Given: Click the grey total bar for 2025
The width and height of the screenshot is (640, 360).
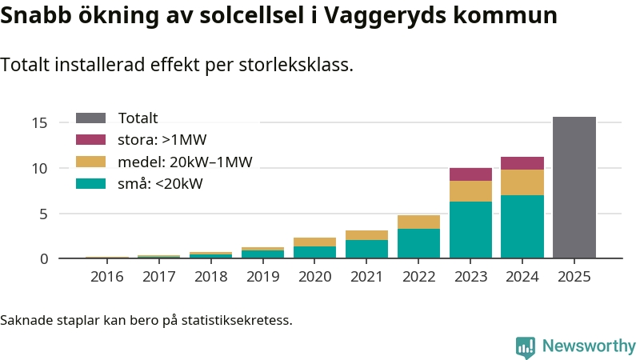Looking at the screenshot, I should [574, 187].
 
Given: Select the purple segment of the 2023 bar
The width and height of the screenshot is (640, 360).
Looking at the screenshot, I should [470, 174].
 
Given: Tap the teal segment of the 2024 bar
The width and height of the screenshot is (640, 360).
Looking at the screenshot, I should [522, 226].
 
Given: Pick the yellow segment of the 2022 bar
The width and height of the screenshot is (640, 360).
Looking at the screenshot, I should [418, 222].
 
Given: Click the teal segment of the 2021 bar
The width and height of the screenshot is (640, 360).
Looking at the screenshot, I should [366, 249].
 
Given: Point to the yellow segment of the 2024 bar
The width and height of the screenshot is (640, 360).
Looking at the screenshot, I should [522, 182].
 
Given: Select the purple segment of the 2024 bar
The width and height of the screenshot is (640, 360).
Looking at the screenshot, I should [522, 163].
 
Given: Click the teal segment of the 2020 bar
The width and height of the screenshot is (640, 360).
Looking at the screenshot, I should [314, 252].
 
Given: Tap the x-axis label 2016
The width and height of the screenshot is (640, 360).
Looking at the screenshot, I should [107, 277].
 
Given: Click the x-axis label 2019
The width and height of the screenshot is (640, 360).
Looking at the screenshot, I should [262, 277].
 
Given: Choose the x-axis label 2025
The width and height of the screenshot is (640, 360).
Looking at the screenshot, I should [574, 277].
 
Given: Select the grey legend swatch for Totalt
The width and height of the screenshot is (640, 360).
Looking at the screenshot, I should [90, 118].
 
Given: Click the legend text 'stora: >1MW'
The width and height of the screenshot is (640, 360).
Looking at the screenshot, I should [162, 140].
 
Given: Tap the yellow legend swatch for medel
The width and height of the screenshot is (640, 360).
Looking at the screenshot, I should [90, 162].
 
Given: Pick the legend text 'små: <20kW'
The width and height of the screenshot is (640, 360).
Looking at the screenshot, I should [160, 184].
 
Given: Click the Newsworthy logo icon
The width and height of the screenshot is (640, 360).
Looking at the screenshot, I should [526, 346].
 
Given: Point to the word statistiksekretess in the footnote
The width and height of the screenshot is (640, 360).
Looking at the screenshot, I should [237, 321].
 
